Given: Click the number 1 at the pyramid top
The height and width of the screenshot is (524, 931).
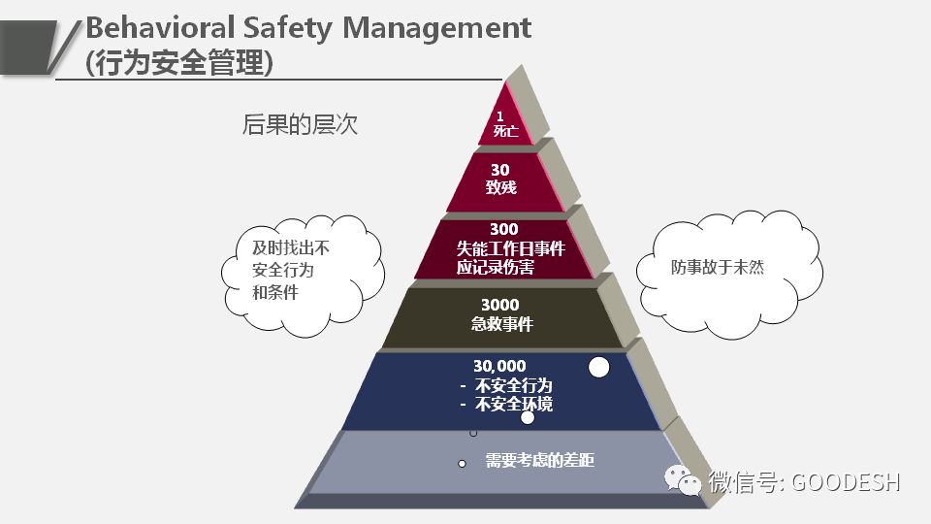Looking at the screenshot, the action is tap(500, 116).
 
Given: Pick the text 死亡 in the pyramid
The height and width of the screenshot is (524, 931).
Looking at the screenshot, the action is tap(505, 131).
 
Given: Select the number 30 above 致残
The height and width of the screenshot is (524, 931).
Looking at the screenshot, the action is tap(499, 170).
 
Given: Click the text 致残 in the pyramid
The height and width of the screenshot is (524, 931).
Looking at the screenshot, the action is tap(501, 187).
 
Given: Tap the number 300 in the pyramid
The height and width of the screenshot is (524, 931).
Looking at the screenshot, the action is tap(504, 229).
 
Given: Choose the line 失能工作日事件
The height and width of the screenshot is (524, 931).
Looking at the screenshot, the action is tap(510, 248).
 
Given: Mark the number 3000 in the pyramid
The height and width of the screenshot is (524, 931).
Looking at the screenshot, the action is tap(500, 305).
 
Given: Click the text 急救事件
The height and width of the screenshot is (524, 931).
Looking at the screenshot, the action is tap(502, 324).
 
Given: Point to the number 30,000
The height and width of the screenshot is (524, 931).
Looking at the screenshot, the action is tap(499, 366).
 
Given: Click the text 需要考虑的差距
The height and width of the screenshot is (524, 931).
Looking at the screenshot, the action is tap(539, 461).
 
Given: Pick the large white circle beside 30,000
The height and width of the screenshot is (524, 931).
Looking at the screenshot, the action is tap(599, 367).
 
